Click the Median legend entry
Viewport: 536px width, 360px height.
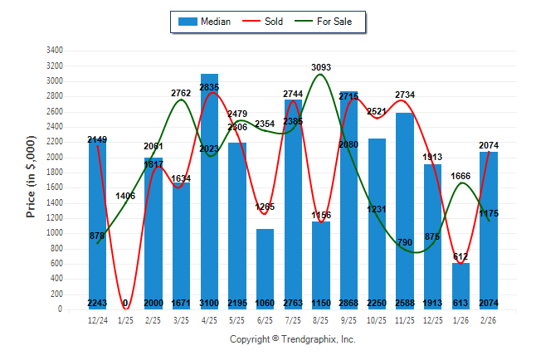coord(205,22)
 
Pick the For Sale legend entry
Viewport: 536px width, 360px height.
coord(329,22)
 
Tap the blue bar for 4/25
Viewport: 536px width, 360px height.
coord(209,191)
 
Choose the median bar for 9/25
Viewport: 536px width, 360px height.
coord(349,199)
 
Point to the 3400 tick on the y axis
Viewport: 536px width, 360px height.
coord(55,51)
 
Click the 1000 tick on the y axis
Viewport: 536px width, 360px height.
coord(55,233)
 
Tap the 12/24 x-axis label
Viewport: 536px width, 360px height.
coord(97,320)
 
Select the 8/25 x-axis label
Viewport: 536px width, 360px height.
coord(321,320)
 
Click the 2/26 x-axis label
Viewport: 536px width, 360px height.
coord(489,320)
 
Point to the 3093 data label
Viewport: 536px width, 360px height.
coord(321,66)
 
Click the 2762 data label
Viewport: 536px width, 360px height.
coord(182,94)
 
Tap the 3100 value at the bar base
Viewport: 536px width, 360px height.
coord(209,303)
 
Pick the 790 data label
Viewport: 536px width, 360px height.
coord(405,242)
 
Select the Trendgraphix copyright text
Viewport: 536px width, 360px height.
coord(291,339)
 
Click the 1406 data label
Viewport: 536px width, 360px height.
coord(126,196)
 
